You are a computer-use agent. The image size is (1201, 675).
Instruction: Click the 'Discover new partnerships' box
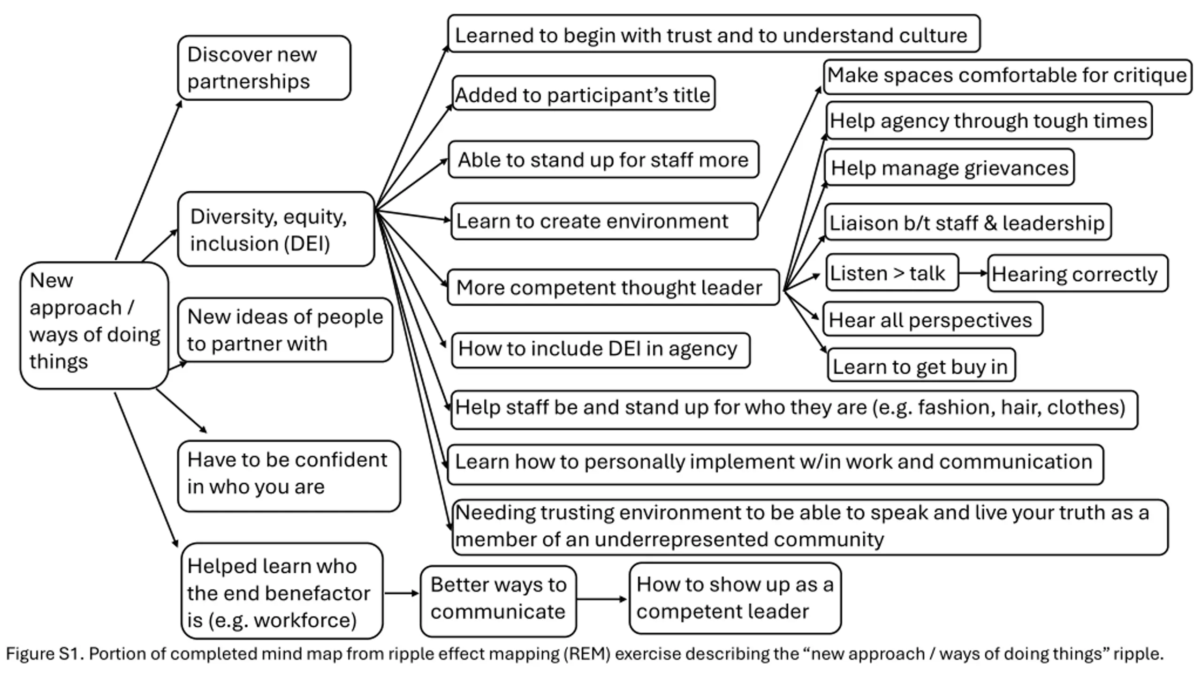264,67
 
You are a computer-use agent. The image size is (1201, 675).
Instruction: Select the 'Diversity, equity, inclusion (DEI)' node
276,229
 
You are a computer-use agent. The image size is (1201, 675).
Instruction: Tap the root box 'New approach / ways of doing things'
94,325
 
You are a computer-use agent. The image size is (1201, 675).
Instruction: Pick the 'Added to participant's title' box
584,93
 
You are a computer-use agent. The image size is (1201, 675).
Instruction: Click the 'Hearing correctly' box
1078,273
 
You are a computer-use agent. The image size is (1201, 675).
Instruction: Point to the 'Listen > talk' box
892,272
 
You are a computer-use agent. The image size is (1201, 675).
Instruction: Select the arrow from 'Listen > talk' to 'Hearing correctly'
973,273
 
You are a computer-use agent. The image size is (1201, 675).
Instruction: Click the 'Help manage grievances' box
950,167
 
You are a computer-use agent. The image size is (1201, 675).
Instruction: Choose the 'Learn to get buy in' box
921,365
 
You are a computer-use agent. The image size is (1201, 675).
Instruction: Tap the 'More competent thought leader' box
613,287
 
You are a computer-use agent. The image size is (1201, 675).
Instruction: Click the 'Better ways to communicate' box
498,601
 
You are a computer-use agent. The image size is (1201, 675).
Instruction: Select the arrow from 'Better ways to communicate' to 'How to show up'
602,599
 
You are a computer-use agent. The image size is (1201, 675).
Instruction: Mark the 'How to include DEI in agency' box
600,350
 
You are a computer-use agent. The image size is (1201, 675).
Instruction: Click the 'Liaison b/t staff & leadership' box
968,222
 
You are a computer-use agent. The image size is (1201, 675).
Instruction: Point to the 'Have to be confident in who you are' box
289,476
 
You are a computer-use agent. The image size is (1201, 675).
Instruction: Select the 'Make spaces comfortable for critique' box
1007,76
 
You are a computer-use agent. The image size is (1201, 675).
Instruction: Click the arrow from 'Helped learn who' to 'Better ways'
402,593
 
